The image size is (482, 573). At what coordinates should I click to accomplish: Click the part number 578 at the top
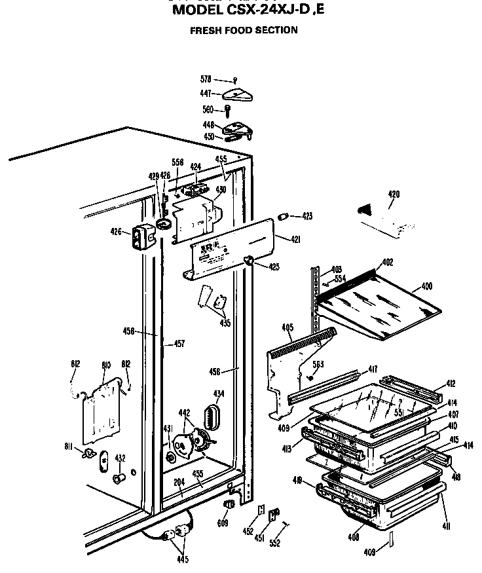[206, 79]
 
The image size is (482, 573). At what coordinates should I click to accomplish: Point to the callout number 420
[394, 194]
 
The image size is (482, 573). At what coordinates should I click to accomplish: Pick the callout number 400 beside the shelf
[426, 286]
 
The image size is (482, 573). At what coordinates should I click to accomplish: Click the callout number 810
[105, 365]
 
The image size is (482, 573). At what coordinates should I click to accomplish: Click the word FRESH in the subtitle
[204, 30]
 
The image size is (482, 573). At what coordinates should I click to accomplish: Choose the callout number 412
[451, 384]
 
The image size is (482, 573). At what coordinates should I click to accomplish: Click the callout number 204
[179, 483]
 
